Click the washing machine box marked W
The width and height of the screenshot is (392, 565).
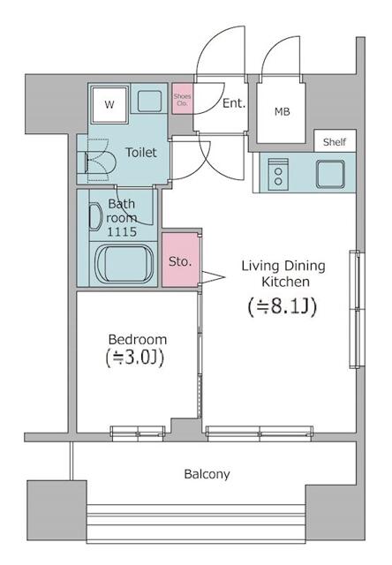109,104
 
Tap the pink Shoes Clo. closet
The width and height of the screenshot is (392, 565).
182,99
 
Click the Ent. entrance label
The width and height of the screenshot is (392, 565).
234,103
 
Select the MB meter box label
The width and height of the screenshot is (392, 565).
283,112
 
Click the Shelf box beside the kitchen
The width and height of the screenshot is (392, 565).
335,141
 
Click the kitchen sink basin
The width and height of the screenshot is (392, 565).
330,175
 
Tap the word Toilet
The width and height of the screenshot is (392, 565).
141,153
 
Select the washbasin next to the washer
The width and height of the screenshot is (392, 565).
149,102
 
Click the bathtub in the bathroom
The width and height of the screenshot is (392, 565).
124,264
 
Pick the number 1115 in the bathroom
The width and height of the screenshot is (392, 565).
122,231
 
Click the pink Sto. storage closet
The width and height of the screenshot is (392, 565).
180,260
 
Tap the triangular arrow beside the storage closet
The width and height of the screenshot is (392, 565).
213,277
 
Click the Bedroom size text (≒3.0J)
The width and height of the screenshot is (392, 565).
135,358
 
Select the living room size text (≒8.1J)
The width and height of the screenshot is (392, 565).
283,307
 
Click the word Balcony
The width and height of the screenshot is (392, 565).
207,474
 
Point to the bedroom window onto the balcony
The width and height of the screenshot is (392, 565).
138,433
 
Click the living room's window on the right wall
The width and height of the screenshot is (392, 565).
355,309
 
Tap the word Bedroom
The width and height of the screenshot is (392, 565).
138,339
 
